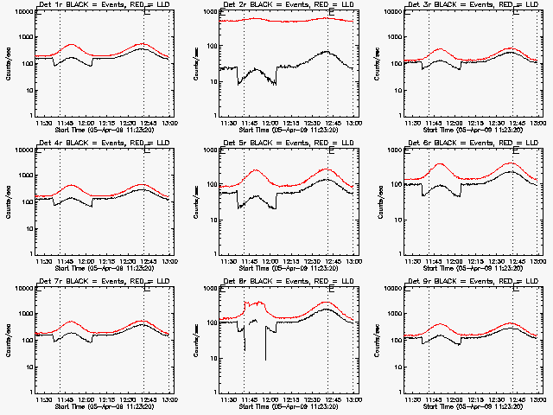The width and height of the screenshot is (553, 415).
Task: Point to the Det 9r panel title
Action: (474, 281)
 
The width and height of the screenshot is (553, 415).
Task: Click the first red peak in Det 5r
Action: (257, 170)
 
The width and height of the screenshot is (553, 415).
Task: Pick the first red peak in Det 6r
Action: (441, 163)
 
